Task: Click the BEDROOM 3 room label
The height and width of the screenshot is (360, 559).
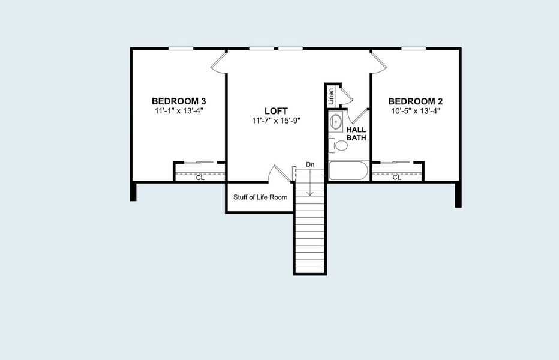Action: point(179,101)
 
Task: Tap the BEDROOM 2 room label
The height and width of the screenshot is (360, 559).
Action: point(416,101)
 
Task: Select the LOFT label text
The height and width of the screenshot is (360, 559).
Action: point(276,111)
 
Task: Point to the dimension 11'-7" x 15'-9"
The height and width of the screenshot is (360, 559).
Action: point(276,121)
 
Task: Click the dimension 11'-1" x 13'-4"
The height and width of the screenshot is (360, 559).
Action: point(179,110)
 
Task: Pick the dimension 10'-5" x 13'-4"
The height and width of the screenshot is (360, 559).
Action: point(416,110)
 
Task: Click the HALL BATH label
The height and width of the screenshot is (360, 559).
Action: point(356,133)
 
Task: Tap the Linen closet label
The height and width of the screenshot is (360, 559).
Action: point(330,95)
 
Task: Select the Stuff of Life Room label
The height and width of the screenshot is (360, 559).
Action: point(260,197)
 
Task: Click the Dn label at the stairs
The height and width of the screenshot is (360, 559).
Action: point(310,164)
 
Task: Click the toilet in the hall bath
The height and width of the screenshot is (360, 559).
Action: point(339,145)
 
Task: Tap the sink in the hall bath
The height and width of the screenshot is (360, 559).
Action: point(336,122)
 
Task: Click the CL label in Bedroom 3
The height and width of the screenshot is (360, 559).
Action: point(200,178)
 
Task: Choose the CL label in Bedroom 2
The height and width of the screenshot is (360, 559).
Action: point(396,178)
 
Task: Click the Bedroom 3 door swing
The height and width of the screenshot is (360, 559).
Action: point(220,63)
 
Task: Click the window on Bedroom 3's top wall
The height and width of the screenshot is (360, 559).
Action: point(181,49)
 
